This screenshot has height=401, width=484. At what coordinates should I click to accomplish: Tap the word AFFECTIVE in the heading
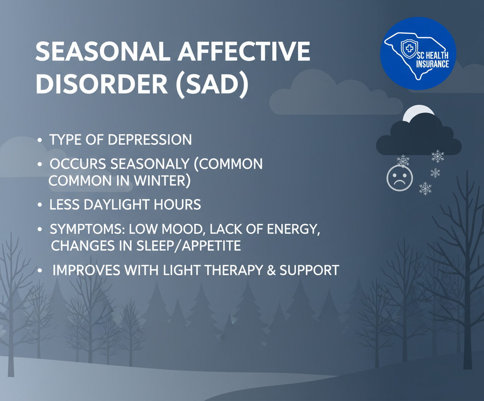[x=244, y=51]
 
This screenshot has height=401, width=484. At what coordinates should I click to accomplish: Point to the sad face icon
[x=400, y=178]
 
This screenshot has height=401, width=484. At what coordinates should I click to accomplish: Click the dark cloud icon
[x=419, y=138]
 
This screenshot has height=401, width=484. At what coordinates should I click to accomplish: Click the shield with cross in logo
[x=409, y=48]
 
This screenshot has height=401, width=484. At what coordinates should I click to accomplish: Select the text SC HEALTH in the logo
[x=433, y=56]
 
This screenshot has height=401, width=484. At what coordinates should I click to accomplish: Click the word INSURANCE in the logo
[x=433, y=64]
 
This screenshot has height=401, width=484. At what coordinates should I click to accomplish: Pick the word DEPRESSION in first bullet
[x=150, y=140]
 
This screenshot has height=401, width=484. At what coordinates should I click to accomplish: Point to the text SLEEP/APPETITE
[x=188, y=246]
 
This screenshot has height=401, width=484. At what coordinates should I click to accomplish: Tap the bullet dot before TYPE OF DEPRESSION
[x=39, y=140]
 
